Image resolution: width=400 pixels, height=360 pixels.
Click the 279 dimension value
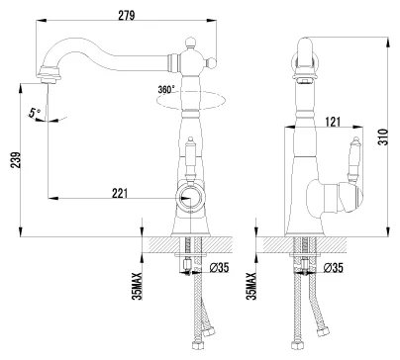point(127,15)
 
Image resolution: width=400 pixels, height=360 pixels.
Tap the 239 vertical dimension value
point(15,160)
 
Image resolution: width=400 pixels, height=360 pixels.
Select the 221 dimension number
point(120,193)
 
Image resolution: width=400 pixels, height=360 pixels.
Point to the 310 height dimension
point(383,136)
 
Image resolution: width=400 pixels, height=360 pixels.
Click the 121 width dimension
point(333,122)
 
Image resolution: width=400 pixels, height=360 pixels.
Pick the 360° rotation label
point(166,89)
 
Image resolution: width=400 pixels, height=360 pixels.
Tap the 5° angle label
point(34,113)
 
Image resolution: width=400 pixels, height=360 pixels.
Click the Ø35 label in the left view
point(219,268)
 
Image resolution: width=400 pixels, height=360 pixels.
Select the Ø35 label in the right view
point(334,268)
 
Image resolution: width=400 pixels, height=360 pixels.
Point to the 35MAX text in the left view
point(137,286)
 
